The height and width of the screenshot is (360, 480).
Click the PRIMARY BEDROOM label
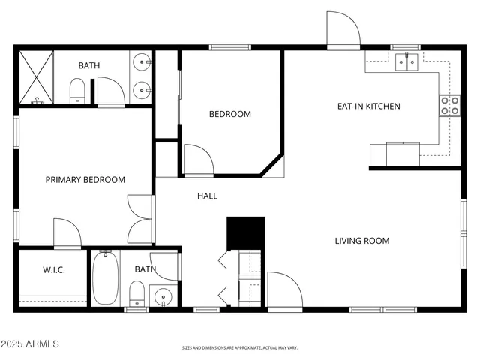tap(85, 180)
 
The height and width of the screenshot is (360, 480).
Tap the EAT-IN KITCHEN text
tap(368, 106)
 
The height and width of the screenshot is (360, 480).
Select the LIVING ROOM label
tap(361, 241)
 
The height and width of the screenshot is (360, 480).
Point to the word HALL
tap(207, 196)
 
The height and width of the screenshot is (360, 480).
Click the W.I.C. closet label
tap(54, 269)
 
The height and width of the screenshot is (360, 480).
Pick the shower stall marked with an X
tap(35, 77)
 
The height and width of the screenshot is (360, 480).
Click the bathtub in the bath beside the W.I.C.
tap(105, 278)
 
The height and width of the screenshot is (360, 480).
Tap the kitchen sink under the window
tap(407, 62)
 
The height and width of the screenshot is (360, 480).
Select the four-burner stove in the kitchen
tap(449, 106)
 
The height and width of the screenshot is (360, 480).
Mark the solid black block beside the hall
tap(246, 232)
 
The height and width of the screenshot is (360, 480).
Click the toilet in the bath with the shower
tap(76, 92)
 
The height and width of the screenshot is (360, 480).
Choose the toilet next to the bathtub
tap(136, 292)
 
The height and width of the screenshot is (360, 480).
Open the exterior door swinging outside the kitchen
tap(343, 31)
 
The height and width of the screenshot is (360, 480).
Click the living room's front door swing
tap(283, 290)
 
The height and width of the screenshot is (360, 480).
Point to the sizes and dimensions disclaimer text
tap(239, 348)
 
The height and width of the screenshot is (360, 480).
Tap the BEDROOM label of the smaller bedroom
tap(229, 115)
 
